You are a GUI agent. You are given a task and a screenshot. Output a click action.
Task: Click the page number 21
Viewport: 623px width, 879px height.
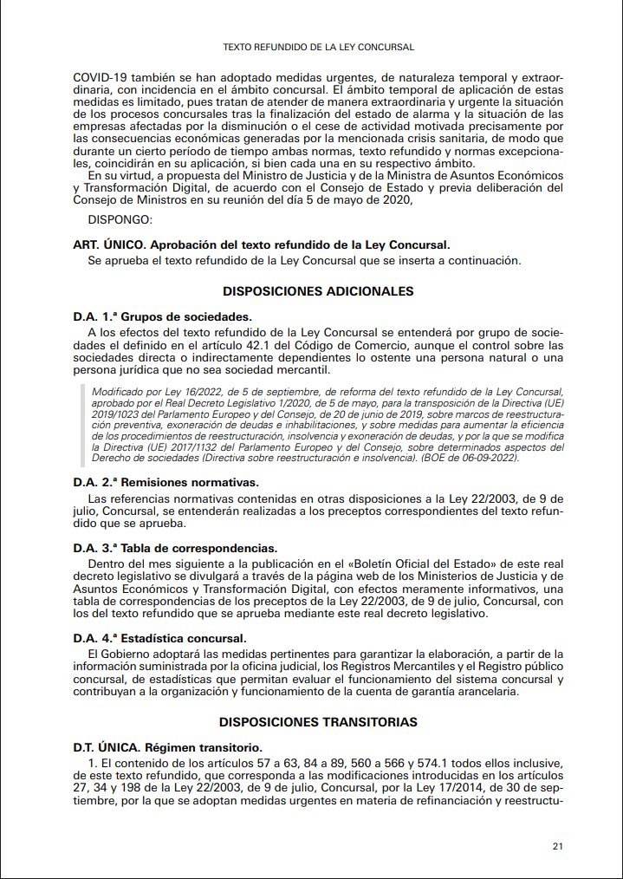click(558, 845)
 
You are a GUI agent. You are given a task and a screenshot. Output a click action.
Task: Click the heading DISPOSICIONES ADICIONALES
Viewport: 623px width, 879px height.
click(318, 291)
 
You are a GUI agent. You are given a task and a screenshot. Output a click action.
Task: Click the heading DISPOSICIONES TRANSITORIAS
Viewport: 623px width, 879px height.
click(318, 722)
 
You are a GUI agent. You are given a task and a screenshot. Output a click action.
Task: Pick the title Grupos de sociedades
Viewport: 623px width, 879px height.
click(184, 316)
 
